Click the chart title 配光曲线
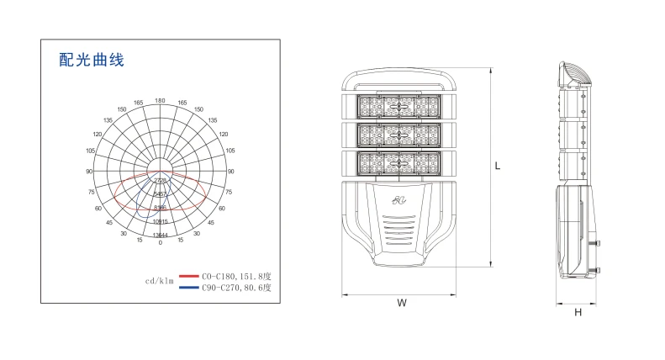pyautogui.click(x=92, y=60)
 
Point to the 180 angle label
pyautogui.click(x=160, y=101)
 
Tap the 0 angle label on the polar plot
pyautogui.click(x=160, y=242)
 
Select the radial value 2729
pyautogui.click(x=160, y=181)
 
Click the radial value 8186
pyautogui.click(x=160, y=206)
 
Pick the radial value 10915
pyautogui.click(x=160, y=221)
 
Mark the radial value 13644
pyautogui.click(x=160, y=235)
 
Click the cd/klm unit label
pyautogui.click(x=159, y=281)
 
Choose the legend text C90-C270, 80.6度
pyautogui.click(x=238, y=288)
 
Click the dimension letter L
pyautogui.click(x=498, y=166)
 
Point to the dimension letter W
pyautogui.click(x=401, y=303)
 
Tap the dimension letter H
pyautogui.click(x=578, y=313)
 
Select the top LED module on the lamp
pyautogui.click(x=398, y=107)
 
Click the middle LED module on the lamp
pyautogui.click(x=398, y=135)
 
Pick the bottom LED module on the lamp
pyautogui.click(x=398, y=163)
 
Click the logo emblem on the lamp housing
pyautogui.click(x=398, y=201)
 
